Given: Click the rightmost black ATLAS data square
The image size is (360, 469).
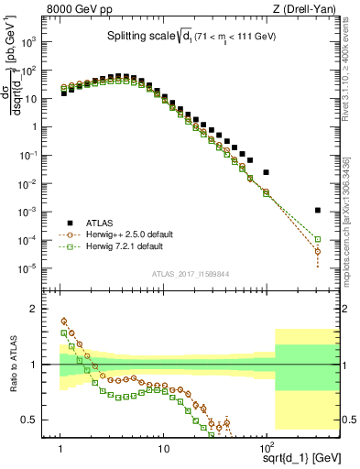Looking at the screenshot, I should pos(317,210).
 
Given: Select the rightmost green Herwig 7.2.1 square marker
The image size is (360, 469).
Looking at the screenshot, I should pos(317,239).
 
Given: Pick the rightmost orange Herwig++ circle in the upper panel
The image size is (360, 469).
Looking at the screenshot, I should pos(317,250).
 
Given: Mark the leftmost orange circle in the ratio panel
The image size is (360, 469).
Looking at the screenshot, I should pos(63,321).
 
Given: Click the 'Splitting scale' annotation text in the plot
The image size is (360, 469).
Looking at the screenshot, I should pos(137,37).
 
